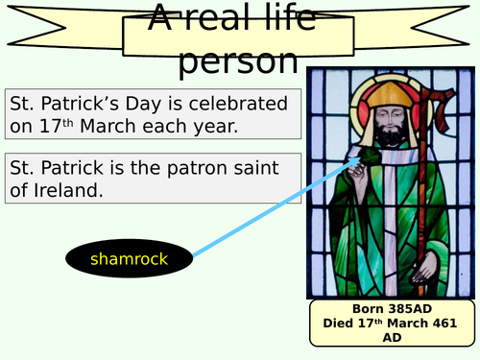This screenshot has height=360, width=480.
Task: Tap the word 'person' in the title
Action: (239, 60)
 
